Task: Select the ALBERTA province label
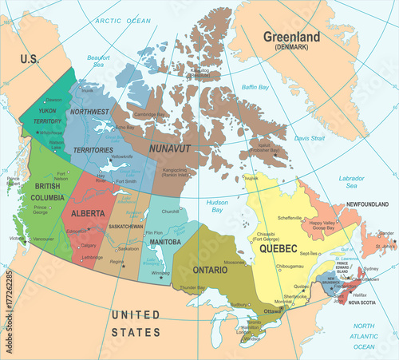[x=89, y=214]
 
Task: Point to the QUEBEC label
[x=279, y=248]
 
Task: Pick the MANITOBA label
[x=159, y=241]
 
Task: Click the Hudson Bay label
[x=218, y=205]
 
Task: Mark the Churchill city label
[x=171, y=212]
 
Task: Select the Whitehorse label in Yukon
[x=51, y=133]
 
